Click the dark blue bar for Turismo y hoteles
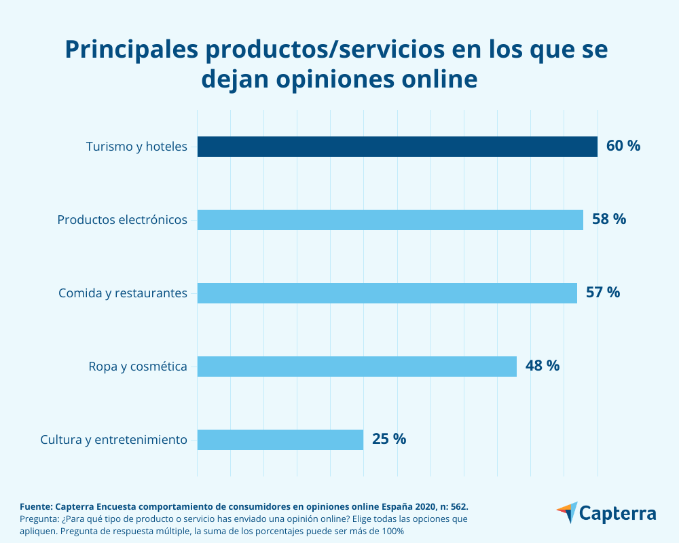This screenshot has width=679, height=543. [x=397, y=147]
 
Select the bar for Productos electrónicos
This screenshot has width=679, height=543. [x=390, y=220]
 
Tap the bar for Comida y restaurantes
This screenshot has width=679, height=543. [x=387, y=293]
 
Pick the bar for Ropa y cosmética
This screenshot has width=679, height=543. [x=357, y=367]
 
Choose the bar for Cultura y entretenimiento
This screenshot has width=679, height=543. [x=280, y=439]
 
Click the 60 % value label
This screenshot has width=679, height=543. [x=623, y=146]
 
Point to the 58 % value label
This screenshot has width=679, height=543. [x=609, y=219]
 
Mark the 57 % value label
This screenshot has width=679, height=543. [x=603, y=293]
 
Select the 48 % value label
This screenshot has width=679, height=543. [x=543, y=366]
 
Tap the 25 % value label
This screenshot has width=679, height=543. [x=389, y=439]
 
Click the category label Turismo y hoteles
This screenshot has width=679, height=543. [x=136, y=147]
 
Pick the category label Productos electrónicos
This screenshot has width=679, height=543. [x=122, y=220]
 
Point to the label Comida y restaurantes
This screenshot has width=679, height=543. [x=123, y=293]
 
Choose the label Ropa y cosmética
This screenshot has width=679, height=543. [x=138, y=367]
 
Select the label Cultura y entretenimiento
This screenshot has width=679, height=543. [x=113, y=439]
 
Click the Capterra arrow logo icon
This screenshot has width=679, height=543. [x=567, y=512]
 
